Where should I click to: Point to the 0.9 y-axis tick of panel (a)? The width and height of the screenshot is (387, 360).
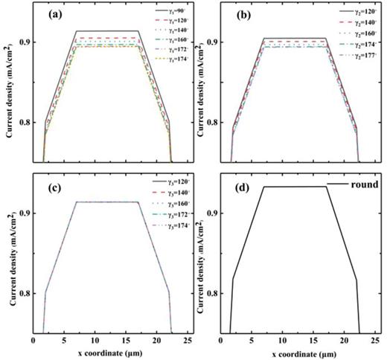pyautogui.click(x=23, y=42)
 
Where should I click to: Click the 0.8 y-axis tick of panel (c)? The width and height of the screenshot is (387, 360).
pyautogui.click(x=23, y=294)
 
